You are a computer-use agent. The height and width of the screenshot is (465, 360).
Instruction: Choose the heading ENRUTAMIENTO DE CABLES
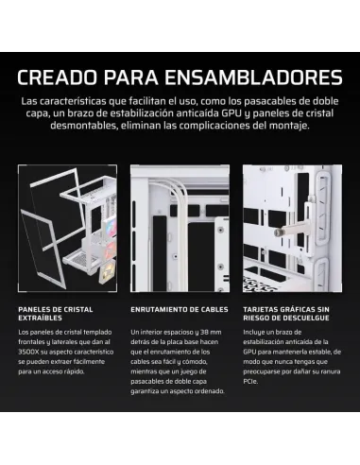pyautogui.click(x=180, y=309)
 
